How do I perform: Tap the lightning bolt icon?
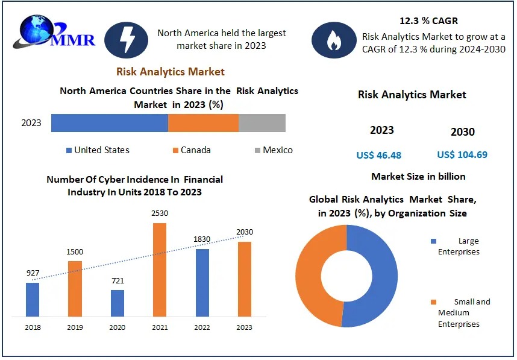point(126,40)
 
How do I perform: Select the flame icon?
point(333,40)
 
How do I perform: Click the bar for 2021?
point(159,270)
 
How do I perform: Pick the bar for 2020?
point(117,303)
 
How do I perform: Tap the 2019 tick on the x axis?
point(75,327)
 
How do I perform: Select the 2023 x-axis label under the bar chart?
point(244,327)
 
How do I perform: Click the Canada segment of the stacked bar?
point(203,122)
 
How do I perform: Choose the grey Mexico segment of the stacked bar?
point(262,122)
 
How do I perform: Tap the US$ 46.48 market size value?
point(378,155)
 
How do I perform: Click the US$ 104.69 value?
point(462,155)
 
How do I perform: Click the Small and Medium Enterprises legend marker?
point(434,302)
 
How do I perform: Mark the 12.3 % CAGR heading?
point(428,21)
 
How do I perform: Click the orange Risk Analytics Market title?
point(170,72)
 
